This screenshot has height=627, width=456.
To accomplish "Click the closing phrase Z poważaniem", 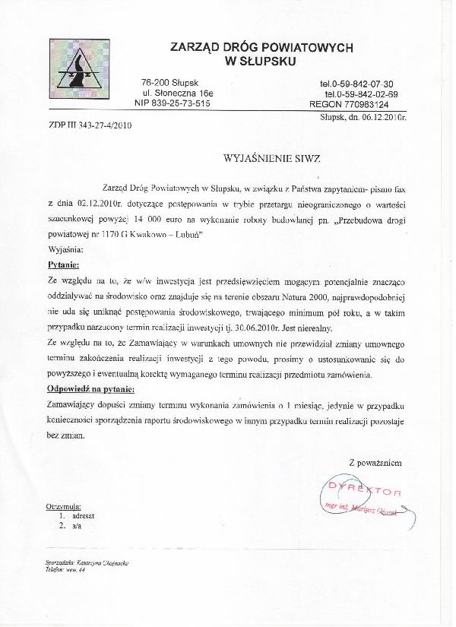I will pyautogui.click(x=375, y=461).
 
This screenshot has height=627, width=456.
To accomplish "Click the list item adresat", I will pyautogui.click(x=83, y=515).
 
